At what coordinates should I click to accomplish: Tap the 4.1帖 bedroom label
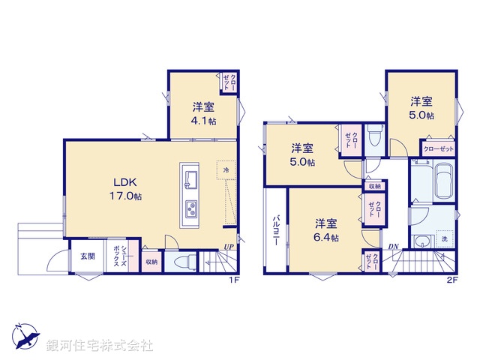[202, 113]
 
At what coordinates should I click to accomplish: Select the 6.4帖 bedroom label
[325, 230]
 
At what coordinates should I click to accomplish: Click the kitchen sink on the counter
[190, 180]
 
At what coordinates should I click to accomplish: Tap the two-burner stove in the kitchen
[190, 208]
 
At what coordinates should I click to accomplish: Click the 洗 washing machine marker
[444, 239]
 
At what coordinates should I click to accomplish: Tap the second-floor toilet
[377, 137]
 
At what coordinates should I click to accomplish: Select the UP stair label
[227, 247]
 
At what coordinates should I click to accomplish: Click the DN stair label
[393, 247]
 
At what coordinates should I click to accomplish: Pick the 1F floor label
[233, 280]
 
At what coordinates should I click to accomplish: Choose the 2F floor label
[452, 280]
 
